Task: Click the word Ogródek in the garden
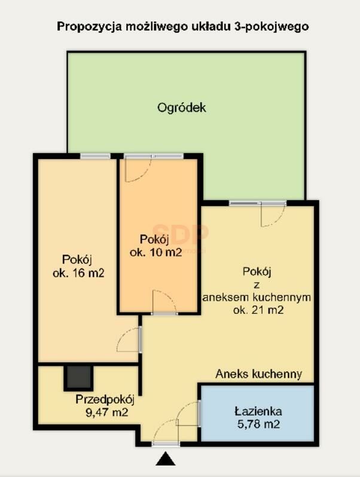(x=182, y=108)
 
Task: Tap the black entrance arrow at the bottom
(x=166, y=459)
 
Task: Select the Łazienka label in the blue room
(x=258, y=412)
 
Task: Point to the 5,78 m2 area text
(x=258, y=424)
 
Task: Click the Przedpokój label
(x=105, y=400)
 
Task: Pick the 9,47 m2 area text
(x=107, y=412)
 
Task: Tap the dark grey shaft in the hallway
(x=78, y=378)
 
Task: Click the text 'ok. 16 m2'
(x=78, y=273)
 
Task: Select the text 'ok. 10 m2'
(x=156, y=252)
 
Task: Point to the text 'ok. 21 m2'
(x=258, y=310)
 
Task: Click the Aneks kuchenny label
(x=259, y=374)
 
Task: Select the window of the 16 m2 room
(x=95, y=156)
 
